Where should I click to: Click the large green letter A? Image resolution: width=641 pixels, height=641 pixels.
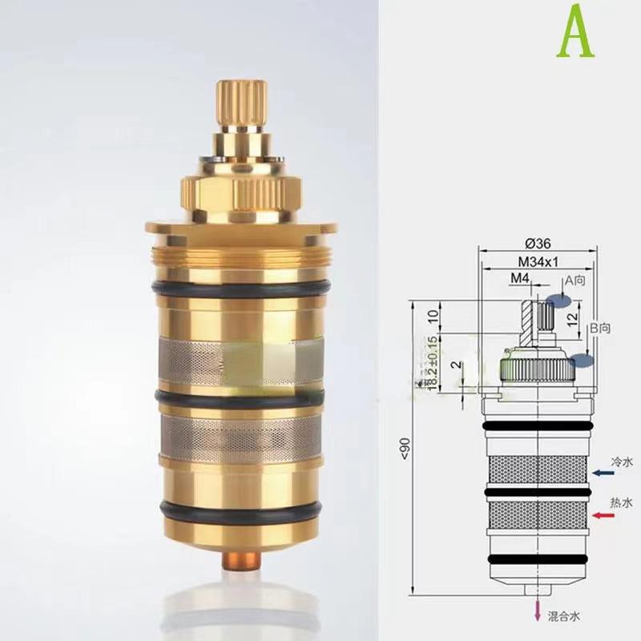576,32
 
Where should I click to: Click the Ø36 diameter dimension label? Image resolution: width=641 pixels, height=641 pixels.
536,244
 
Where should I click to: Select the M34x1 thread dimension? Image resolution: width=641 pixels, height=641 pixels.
535,262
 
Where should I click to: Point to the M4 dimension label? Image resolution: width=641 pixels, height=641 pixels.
520,278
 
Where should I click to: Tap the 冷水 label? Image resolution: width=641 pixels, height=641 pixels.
622,462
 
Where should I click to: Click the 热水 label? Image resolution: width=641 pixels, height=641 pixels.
622,502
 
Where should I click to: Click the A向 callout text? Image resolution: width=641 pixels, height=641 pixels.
576,281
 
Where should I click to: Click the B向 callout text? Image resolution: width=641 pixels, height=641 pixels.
600,328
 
